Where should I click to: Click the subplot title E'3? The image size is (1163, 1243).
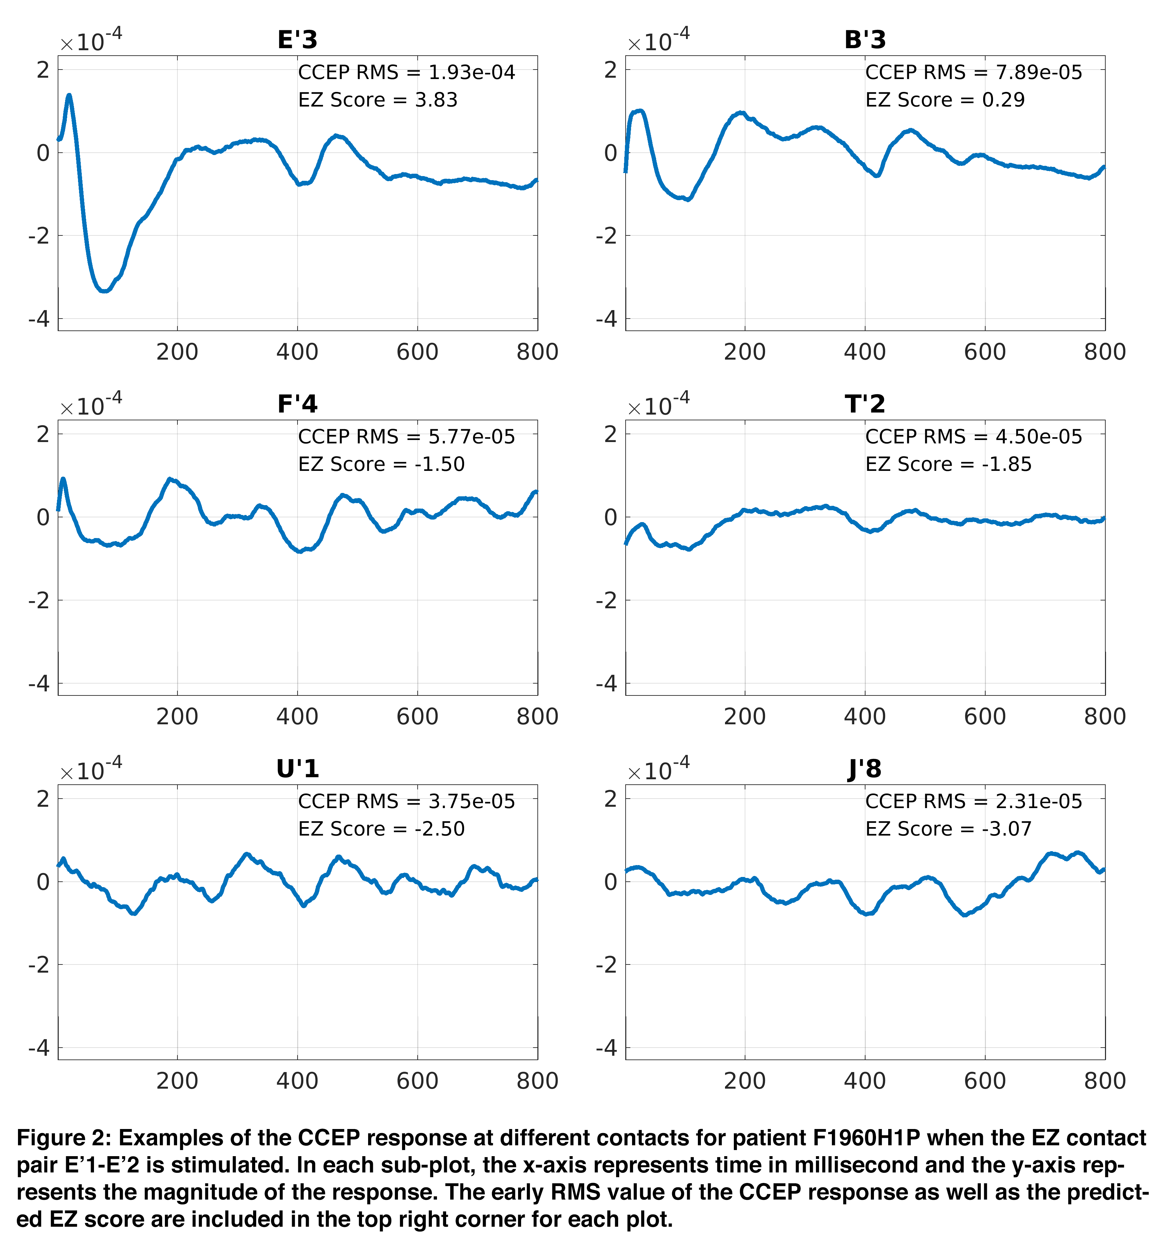click(298, 40)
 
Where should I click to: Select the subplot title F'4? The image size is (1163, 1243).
click(298, 404)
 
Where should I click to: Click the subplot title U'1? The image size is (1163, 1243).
click(298, 768)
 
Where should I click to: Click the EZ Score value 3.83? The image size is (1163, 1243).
click(436, 100)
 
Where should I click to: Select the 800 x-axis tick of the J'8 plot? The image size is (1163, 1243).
click(1105, 1081)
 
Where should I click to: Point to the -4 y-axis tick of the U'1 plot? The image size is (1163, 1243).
click(39, 1048)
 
